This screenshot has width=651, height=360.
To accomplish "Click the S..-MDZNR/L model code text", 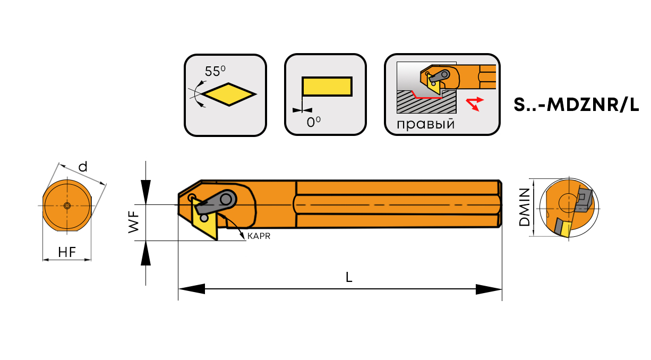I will tap(576, 105).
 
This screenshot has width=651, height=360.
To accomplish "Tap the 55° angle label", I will tap(215, 71).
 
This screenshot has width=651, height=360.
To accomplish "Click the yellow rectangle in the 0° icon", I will tap(327, 87).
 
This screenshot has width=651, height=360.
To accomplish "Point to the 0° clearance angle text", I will tap(314, 122).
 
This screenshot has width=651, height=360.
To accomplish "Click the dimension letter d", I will tap(83, 167).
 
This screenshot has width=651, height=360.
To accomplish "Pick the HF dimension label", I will tap(67, 253).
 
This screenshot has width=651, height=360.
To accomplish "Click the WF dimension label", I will tap(133, 222).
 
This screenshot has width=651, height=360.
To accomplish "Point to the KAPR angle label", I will tap(259, 236).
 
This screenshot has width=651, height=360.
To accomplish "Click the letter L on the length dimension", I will tap(349, 277).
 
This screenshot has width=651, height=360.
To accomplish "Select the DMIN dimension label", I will tap(525, 207).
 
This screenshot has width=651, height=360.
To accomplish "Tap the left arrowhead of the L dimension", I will tap(191, 289).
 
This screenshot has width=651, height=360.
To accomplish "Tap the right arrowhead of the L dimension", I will tap(489, 289).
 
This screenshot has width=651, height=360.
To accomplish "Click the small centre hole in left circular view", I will tap(67, 205).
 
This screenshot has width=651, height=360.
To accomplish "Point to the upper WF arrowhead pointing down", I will tap(145, 188).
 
